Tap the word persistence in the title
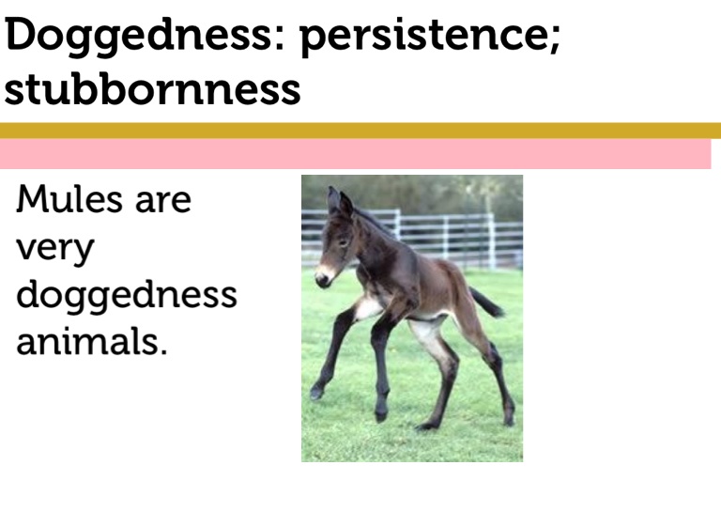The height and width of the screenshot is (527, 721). (424, 38)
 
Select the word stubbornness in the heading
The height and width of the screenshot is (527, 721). (152, 89)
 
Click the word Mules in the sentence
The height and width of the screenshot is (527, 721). (69, 199)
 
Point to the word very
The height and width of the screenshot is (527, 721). (55, 250)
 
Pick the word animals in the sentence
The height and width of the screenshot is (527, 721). (87, 341)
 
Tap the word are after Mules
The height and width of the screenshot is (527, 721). (163, 203)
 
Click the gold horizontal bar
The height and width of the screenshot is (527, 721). (360, 131)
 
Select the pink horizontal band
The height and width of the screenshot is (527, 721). (356, 154)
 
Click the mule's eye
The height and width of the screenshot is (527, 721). (342, 241)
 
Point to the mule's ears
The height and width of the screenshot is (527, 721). (339, 201)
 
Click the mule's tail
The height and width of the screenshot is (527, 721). (486, 302)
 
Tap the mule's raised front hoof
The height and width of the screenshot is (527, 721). (316, 393)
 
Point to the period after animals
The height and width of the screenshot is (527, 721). (163, 351)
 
